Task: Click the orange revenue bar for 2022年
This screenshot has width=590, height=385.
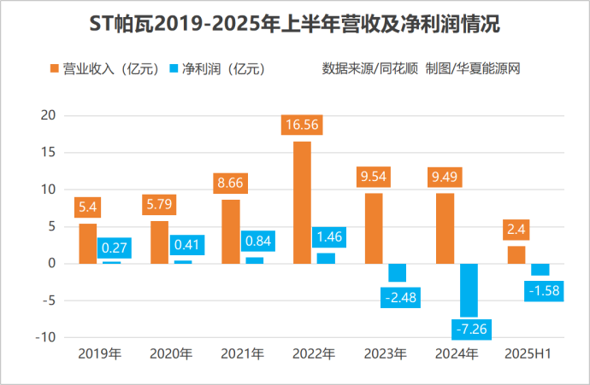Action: click(x=302, y=202)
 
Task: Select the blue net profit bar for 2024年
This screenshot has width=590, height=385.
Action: click(x=469, y=290)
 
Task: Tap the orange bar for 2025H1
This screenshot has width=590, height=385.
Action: click(x=516, y=254)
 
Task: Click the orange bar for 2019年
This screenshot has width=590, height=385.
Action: click(x=88, y=243)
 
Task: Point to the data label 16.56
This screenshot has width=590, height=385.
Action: click(x=302, y=125)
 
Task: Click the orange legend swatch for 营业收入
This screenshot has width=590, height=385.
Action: click(x=56, y=68)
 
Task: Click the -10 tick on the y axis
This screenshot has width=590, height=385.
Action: click(x=45, y=337)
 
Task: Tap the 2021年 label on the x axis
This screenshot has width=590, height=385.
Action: click(x=242, y=353)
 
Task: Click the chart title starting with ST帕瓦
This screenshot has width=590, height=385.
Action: click(x=294, y=26)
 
